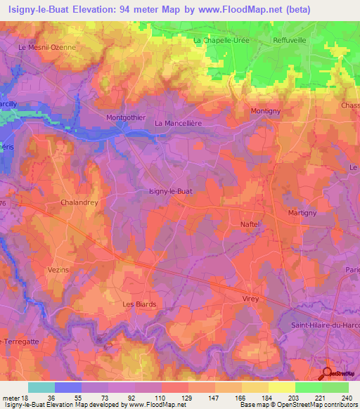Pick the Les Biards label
coord(139,304)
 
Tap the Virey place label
coord(251,299)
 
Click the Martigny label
coord(303,212)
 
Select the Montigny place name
coord(266,112)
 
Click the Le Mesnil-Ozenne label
coord(46,47)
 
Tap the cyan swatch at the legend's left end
coord(41,387)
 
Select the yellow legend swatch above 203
coord(281,387)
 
